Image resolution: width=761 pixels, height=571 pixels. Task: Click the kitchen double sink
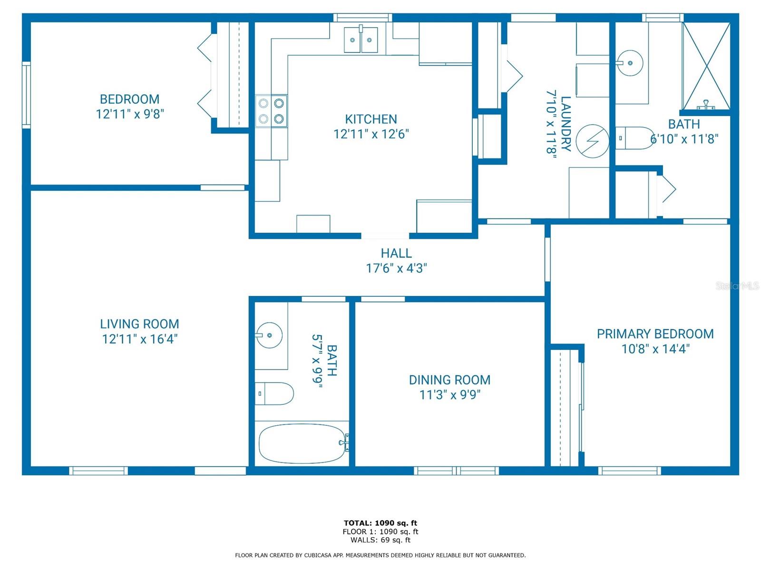pos(361,40)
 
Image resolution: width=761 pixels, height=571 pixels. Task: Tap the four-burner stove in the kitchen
pos(271,111)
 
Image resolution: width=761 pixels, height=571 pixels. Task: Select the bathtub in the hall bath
pos(302,443)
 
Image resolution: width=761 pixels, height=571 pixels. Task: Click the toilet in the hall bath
pos(274,394)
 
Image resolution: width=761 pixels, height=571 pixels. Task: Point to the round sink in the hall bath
pos(269,335)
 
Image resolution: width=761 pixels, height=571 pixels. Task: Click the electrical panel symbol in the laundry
pos(592,141)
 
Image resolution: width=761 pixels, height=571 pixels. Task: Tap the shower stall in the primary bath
pos(706,65)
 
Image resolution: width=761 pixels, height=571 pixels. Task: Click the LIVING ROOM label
pos(139,324)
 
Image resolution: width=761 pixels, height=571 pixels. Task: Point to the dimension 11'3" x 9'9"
pos(449,395)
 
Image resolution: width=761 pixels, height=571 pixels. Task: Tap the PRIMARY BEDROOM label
pos(655,334)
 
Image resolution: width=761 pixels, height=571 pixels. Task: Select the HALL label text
pos(396,253)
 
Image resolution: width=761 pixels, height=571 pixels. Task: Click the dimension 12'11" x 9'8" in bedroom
pos(130,114)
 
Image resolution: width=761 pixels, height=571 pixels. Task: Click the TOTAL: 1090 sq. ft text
pos(380,523)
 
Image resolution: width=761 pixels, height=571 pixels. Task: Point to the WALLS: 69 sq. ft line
pos(380,540)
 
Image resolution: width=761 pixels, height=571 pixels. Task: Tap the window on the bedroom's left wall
pos(27,95)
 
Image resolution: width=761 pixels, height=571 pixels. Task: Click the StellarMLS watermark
pos(737,286)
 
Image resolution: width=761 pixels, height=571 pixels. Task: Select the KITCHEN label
pos(371,119)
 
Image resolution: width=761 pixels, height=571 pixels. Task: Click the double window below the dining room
pos(456,471)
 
